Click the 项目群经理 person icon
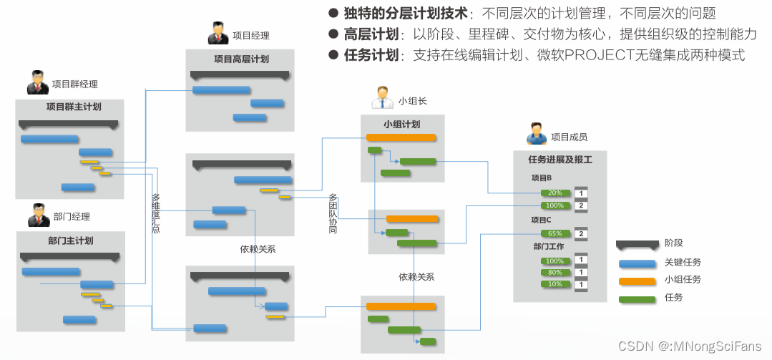point(37,82)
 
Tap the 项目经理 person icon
point(218,34)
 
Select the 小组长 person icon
point(382,98)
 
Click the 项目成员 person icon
point(536,135)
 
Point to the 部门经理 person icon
point(38,215)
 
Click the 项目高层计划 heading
point(241,59)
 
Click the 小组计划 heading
point(401,124)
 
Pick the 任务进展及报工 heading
point(560,160)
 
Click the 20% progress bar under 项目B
point(555,193)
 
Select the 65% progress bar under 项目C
point(555,233)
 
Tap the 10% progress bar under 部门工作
point(555,284)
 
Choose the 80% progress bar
point(555,273)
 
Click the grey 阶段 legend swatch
point(637,244)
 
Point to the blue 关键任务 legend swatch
point(637,263)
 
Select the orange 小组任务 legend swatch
point(637,281)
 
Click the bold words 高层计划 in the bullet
point(370,34)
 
